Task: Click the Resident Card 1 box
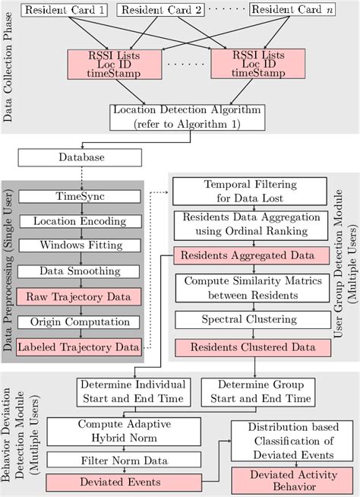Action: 65,11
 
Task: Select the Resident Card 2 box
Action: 161,11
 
